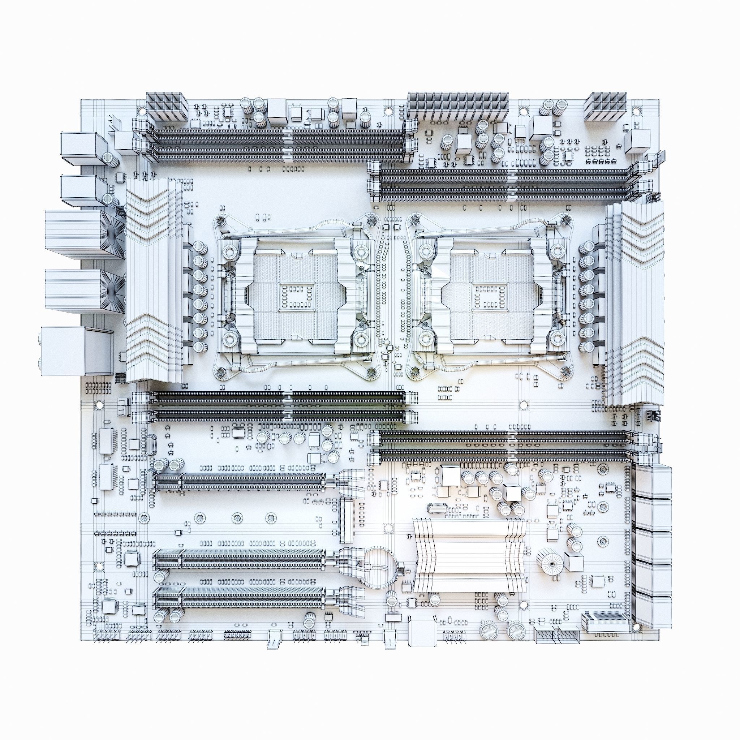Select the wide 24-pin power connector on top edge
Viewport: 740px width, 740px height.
tap(458, 106)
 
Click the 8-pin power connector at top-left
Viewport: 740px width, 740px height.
tap(165, 106)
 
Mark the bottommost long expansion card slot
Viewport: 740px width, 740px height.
tap(240, 606)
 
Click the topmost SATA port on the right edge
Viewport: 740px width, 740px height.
tap(654, 481)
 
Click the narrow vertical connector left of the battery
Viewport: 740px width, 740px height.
tap(347, 520)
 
